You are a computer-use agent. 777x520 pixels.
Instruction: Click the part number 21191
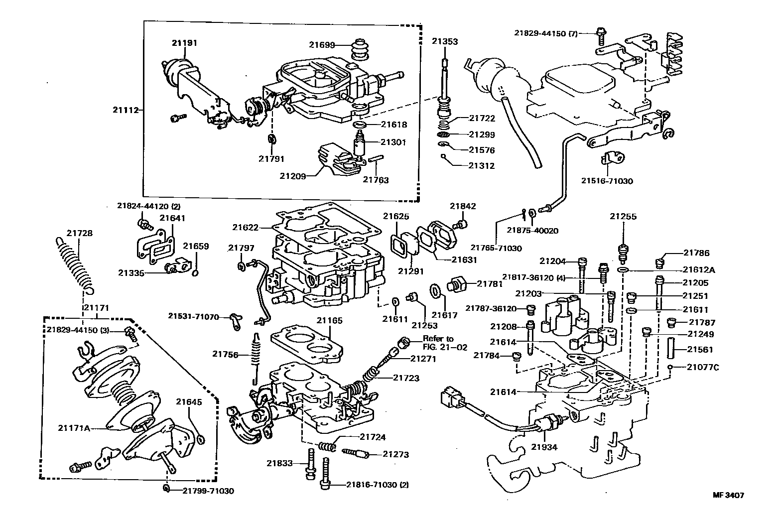click(x=185, y=43)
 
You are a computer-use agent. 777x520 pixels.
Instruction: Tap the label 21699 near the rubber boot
click(x=321, y=44)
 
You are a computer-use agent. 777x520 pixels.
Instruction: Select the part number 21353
click(x=444, y=41)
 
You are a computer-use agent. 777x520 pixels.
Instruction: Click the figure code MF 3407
click(x=728, y=495)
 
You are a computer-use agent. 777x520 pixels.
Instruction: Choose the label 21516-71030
click(x=607, y=181)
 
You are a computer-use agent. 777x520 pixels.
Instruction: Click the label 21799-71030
click(x=208, y=491)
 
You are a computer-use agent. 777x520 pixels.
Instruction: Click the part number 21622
click(x=245, y=228)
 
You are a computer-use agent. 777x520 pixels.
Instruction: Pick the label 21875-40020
click(x=532, y=231)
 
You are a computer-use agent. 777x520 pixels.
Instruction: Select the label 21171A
click(x=74, y=427)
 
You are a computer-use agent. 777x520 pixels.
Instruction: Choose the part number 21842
click(x=463, y=206)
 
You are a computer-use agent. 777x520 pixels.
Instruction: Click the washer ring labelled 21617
click(x=434, y=290)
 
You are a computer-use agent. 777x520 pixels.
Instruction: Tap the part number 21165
click(x=329, y=321)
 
